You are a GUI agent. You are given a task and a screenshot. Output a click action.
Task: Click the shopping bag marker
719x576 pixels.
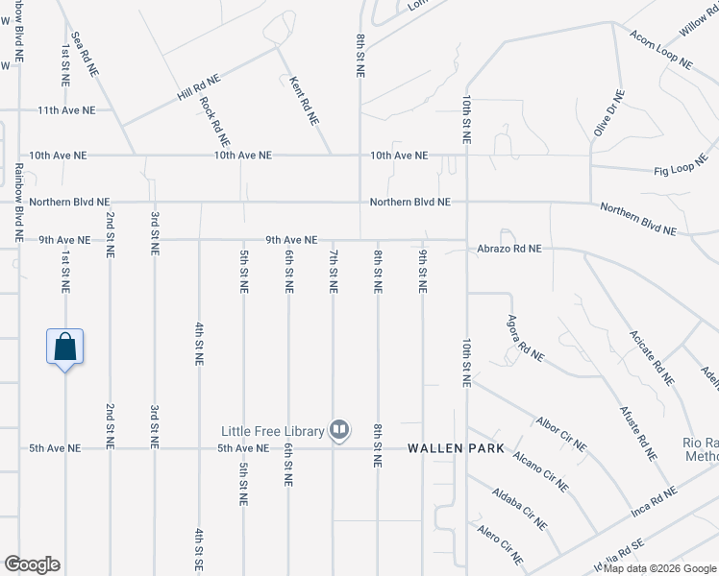[x=64, y=346]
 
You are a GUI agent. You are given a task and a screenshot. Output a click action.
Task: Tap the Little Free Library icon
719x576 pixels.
[x=338, y=430]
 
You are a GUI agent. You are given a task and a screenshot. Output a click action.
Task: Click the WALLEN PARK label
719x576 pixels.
[x=447, y=448]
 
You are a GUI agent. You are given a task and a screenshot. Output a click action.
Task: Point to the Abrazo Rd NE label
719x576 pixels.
[x=509, y=248]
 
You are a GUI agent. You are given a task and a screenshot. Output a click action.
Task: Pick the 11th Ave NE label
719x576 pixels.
[x=67, y=110]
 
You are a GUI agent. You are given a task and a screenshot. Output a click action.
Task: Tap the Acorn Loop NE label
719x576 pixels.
[x=660, y=49]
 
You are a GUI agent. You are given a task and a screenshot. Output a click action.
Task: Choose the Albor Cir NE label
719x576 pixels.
[x=561, y=435]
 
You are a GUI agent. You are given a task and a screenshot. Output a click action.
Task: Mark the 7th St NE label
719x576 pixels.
[x=334, y=272]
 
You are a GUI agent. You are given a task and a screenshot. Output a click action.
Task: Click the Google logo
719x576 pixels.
[x=32, y=564]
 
